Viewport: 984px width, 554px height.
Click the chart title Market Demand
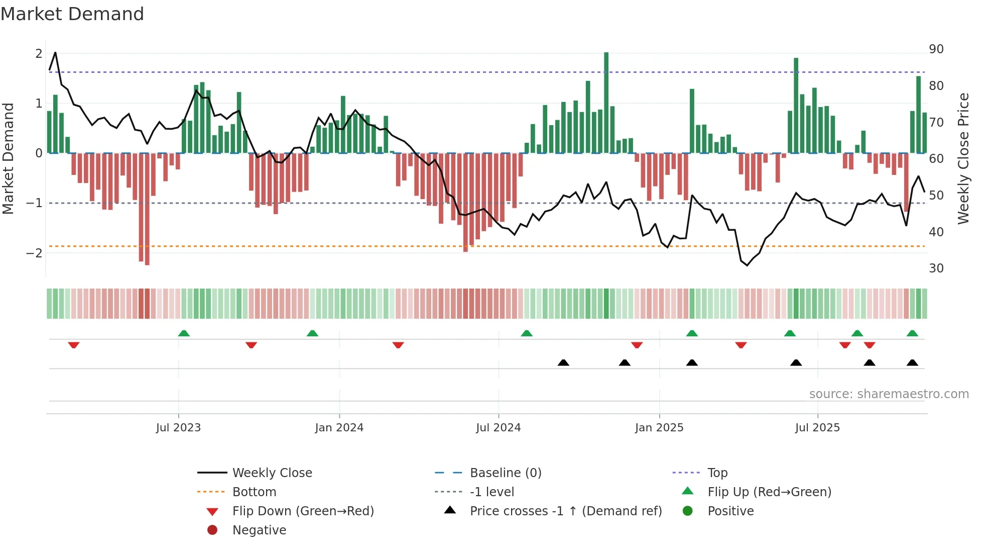72,14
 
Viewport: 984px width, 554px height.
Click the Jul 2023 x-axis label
178,428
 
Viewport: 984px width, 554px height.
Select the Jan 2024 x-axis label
339,428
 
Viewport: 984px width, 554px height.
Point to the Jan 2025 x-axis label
659,428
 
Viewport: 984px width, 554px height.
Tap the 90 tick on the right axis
936,49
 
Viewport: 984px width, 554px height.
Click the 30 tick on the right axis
936,268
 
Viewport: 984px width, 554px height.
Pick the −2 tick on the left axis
34,253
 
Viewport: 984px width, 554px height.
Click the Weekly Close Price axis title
963,158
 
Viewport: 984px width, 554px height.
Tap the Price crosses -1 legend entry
565,511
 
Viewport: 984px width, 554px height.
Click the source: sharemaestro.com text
889,394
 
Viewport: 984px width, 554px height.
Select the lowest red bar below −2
147,209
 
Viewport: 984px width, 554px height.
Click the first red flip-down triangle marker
74,345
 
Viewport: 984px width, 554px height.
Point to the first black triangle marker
563,362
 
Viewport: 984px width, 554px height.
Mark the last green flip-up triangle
912,333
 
